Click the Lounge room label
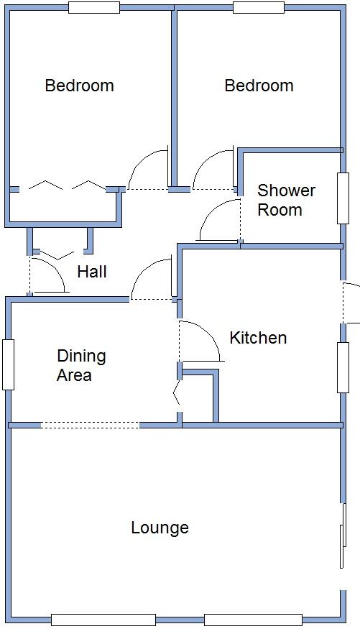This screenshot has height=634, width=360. click(160, 528)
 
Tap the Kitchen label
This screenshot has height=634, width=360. click(258, 337)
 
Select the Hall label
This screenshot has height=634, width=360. click(92, 272)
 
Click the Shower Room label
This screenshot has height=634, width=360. click(286, 200)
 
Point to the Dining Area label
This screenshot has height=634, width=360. click(81, 365)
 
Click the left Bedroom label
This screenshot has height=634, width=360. click(79, 86)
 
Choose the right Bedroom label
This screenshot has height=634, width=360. click(259, 86)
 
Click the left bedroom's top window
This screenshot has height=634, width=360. click(93, 8)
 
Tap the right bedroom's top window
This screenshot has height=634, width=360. click(258, 8)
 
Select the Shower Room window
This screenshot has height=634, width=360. click(343, 197)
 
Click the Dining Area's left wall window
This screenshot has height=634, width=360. click(8, 364)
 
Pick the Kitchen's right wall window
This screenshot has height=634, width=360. click(343, 367)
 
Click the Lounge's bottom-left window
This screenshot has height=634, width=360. click(103, 620)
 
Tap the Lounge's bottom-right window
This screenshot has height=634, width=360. click(253, 620)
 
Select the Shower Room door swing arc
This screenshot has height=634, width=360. click(216, 219)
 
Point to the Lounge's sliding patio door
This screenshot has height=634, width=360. click(343, 536)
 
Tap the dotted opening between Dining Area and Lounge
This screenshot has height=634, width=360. click(90, 425)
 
